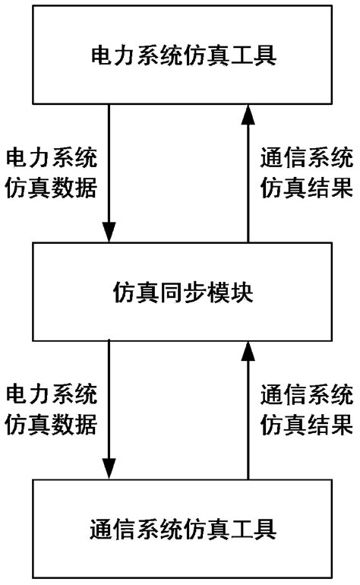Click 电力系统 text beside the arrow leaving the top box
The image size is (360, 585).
pos(52,159)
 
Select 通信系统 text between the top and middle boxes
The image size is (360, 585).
pos(306,159)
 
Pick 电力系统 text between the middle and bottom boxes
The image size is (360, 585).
pos(52,395)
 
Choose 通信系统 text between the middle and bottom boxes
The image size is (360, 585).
pos(306,395)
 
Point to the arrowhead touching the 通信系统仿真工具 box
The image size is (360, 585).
pos(111,470)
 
